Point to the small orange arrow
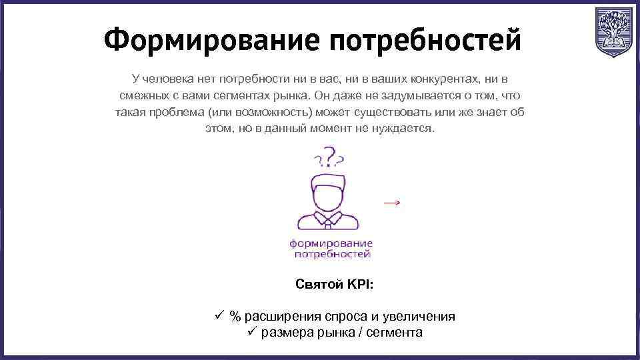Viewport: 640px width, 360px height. click(393, 202)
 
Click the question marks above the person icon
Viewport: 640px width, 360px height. click(329, 158)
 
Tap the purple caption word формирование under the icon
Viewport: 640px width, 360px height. click(331, 243)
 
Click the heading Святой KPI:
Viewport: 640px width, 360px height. click(334, 285)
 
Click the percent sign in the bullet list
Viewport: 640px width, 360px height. click(235, 317)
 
